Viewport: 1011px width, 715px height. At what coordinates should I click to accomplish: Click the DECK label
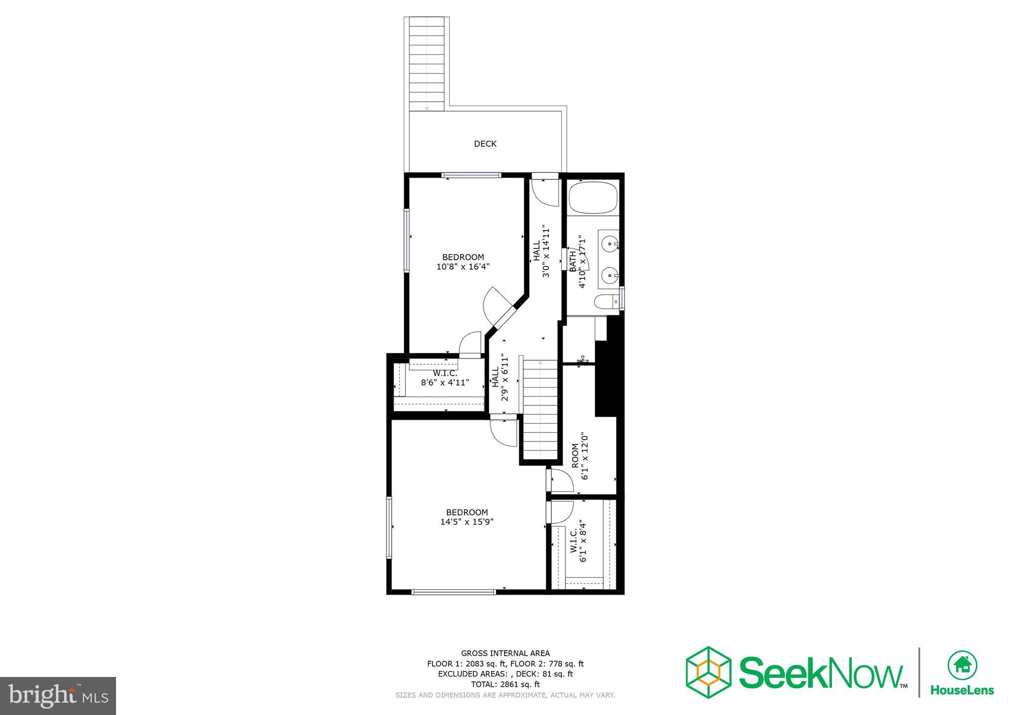485,144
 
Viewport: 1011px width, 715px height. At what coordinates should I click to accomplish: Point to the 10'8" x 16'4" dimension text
463,267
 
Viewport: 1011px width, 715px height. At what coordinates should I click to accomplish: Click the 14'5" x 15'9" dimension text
467,521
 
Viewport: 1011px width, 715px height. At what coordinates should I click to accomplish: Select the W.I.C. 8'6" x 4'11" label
445,378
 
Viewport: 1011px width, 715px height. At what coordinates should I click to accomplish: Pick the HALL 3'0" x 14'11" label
541,252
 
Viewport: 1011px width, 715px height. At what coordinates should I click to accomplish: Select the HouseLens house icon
962,666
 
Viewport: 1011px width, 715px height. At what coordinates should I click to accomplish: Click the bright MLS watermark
58,696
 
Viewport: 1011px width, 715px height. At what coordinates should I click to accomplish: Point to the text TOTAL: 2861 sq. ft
505,684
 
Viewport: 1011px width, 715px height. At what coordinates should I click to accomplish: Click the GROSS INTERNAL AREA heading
505,653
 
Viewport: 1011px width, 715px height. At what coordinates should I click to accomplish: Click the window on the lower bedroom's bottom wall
453,592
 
